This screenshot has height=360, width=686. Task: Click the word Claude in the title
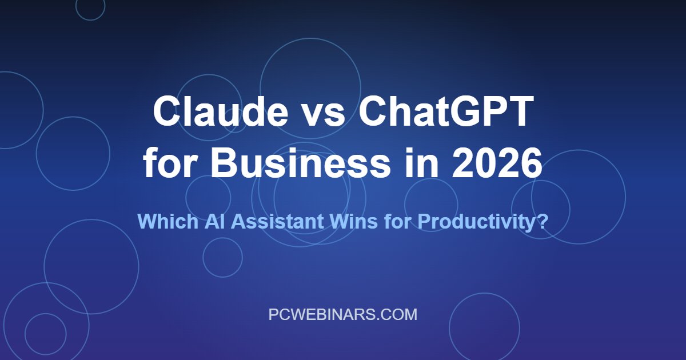[x=221, y=112]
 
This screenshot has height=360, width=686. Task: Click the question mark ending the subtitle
[x=543, y=221]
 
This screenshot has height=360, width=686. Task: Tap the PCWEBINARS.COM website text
[x=343, y=314]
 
